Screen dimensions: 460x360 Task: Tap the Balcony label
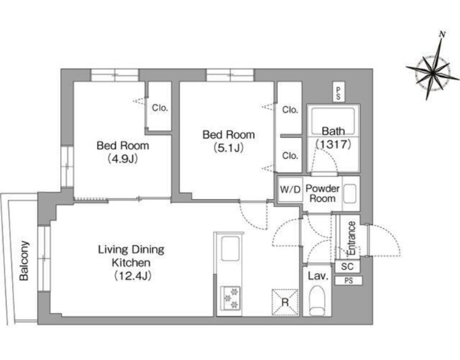(24, 261)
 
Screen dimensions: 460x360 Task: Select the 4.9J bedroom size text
(122, 159)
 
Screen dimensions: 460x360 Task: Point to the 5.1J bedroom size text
(228, 148)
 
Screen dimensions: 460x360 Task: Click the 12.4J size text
(132, 275)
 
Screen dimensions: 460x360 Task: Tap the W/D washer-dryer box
(290, 189)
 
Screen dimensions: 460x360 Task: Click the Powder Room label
(323, 193)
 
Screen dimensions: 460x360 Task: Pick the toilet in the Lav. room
(317, 300)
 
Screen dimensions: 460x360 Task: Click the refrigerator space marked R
(285, 302)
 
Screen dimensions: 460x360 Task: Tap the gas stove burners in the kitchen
(231, 298)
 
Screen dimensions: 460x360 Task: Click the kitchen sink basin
(231, 248)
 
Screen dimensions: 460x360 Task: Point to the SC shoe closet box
(347, 267)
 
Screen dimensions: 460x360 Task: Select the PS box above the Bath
(339, 94)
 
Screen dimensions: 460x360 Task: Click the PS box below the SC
(348, 281)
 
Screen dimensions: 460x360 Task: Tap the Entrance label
(351, 238)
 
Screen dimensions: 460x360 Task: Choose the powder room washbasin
(350, 193)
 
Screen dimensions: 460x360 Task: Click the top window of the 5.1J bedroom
(230, 75)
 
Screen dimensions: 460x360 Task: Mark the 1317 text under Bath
(333, 144)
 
